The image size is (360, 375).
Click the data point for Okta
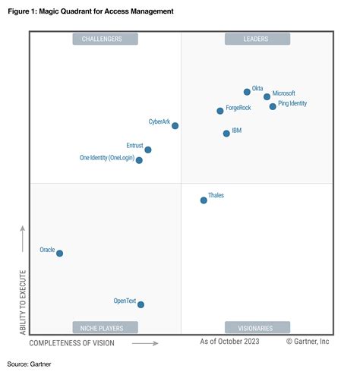pos(247,92)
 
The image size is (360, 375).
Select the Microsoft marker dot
pos(267,96)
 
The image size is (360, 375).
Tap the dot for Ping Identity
pos(273,106)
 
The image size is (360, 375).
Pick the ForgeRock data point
pos(220,111)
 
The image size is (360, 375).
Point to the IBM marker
pos(226,134)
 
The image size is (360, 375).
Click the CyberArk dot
pos(175,126)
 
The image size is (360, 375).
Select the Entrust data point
pos(148,150)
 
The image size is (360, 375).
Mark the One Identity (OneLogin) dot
pos(139,160)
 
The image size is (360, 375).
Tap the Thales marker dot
pos(204,200)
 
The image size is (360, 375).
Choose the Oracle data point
pos(60,254)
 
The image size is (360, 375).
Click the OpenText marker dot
pos(141,304)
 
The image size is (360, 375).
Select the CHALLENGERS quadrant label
pos(105,39)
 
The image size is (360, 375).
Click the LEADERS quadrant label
pos(257,39)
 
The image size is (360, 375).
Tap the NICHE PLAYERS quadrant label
pos(105,328)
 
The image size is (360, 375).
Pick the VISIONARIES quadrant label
pos(257,328)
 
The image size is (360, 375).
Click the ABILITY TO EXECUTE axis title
pos(23,301)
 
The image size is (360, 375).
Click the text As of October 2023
pos(229,342)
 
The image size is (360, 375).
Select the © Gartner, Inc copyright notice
pos(308,342)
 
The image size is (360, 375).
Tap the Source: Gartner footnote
pos(30,364)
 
